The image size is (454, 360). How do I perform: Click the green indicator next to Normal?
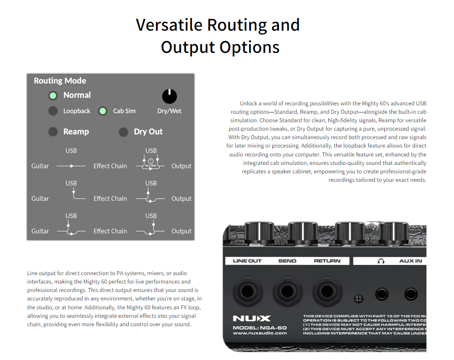[x=53, y=95]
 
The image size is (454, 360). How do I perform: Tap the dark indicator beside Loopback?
[x=53, y=111]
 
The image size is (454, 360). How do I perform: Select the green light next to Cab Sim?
[x=103, y=111]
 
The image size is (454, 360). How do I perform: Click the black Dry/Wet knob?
[x=169, y=96]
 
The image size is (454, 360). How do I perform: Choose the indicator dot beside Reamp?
[x=53, y=132]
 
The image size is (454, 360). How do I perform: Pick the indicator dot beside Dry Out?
[x=123, y=132]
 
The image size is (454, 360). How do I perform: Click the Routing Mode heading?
[x=60, y=81]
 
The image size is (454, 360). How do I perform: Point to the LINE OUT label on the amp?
[x=247, y=261]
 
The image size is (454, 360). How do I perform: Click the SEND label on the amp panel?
[x=287, y=261]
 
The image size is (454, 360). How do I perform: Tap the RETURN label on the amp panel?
[x=327, y=261]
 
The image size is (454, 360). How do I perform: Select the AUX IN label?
[x=410, y=261]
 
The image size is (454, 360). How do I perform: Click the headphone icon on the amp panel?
[x=381, y=261]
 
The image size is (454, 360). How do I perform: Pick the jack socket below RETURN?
[x=327, y=292]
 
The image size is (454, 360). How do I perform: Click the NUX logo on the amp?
[x=251, y=319]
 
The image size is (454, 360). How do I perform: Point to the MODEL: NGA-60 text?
[x=260, y=328]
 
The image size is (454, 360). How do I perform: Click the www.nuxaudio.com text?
[x=260, y=333]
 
